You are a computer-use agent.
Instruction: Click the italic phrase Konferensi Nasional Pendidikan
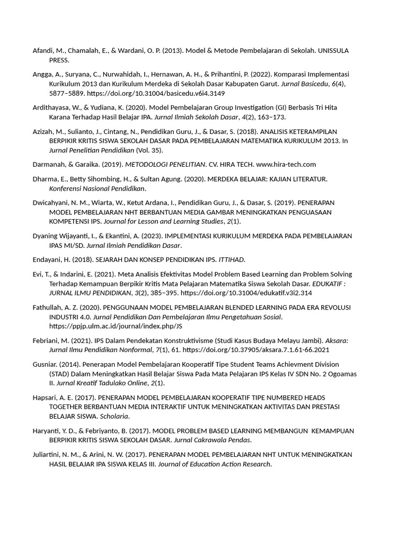pyautogui.click(x=97, y=188)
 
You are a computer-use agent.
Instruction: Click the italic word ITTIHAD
pyautogui.click(x=231, y=260)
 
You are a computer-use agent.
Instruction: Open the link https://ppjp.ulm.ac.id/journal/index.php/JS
pyautogui.click(x=116, y=326)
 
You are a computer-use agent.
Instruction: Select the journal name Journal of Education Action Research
pyautogui.click(x=218, y=464)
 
